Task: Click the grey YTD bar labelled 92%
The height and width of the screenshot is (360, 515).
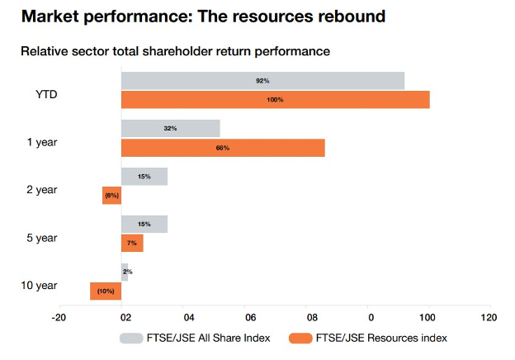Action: (x=262, y=81)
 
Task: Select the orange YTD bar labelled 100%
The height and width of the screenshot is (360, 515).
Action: (x=275, y=100)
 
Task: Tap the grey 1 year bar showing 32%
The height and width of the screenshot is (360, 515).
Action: (x=170, y=129)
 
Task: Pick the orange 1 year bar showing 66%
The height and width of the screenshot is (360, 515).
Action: (x=223, y=148)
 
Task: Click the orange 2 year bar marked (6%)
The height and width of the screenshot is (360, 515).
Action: (x=111, y=196)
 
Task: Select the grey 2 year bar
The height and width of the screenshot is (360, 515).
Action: (x=144, y=177)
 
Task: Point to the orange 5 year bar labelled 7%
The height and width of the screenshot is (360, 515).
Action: (x=132, y=244)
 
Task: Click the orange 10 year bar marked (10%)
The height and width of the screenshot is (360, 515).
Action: (x=106, y=291)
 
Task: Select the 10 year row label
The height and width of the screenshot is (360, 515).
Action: (x=39, y=286)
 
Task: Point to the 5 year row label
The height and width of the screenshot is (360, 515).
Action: (x=41, y=238)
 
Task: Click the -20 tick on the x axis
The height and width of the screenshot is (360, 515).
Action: (x=58, y=317)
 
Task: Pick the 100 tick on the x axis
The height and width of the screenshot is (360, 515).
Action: (x=429, y=317)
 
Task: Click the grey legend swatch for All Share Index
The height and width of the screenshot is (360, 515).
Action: (x=134, y=338)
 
